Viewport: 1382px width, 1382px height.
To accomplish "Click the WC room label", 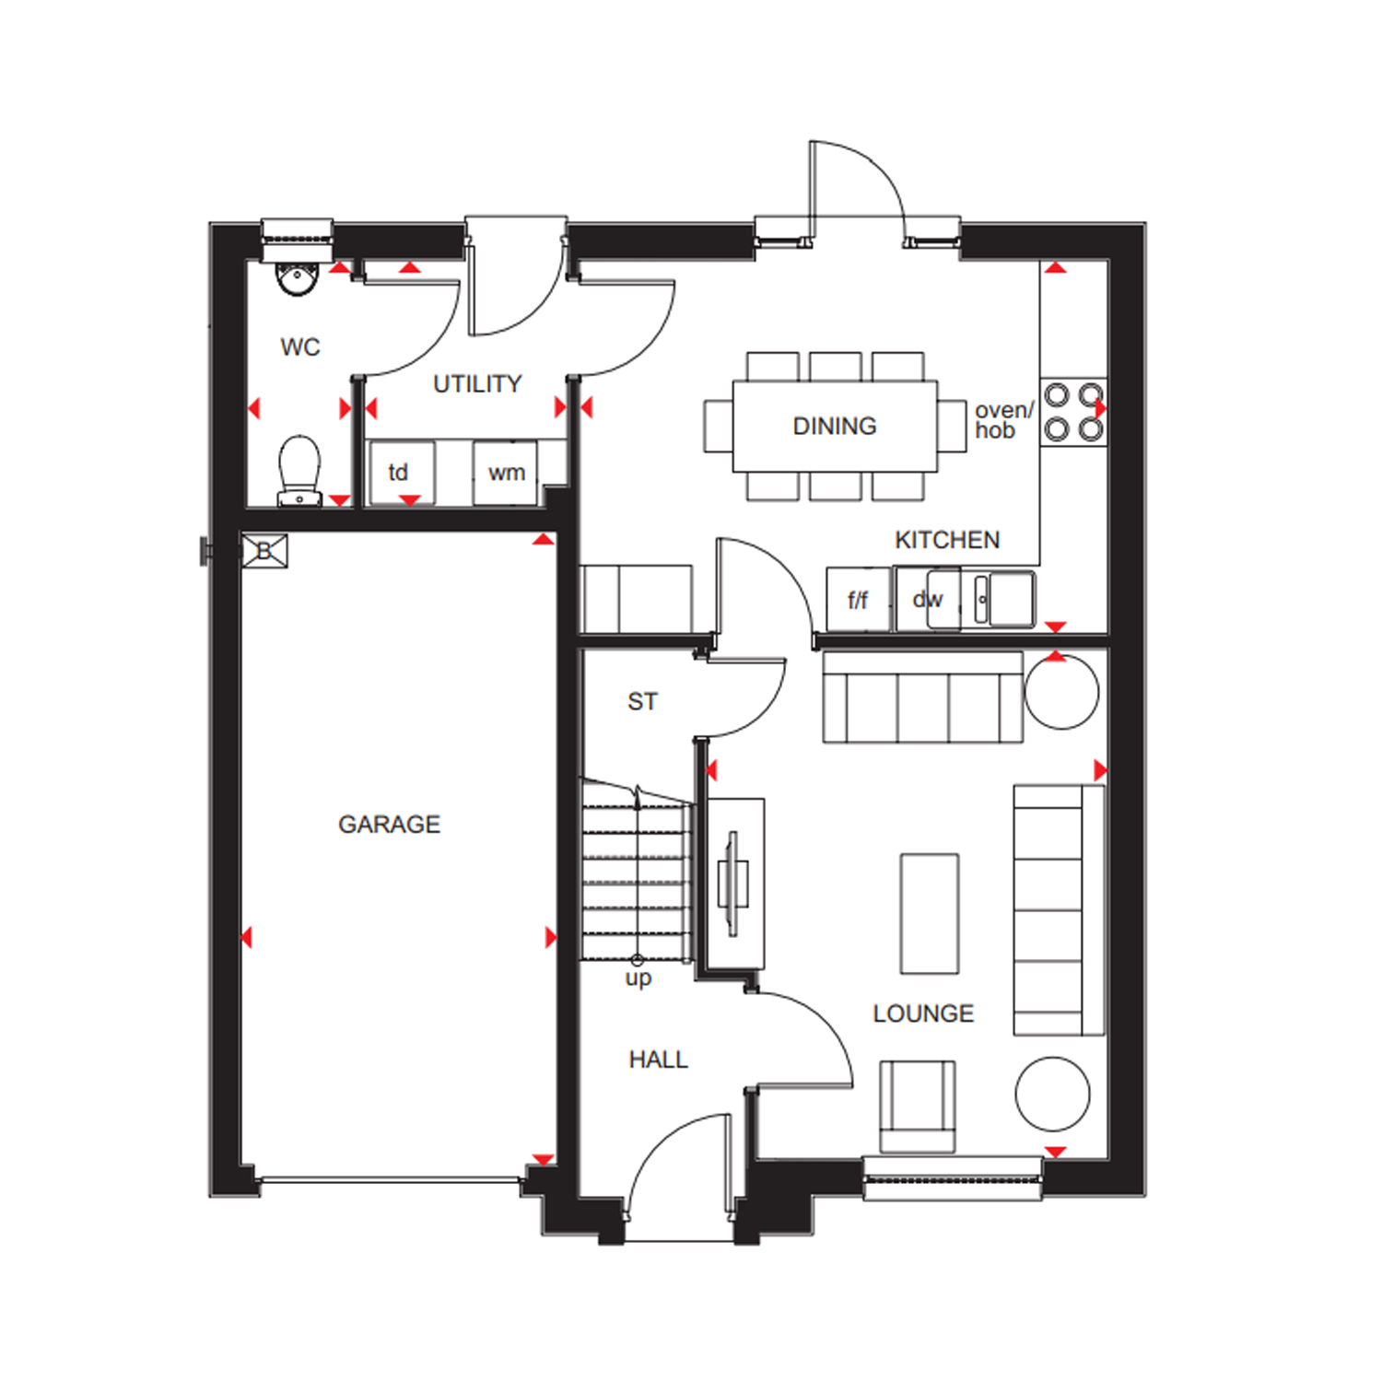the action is coord(300,347).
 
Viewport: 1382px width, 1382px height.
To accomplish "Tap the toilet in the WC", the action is coord(299,471).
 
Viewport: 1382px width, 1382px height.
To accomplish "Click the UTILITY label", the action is coord(477,383).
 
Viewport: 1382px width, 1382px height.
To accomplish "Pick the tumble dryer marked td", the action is coord(401,473).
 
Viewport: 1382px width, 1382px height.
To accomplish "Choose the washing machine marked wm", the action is coord(505,473).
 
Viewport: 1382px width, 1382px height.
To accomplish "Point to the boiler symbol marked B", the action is coord(265,551).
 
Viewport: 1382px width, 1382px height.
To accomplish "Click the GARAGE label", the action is coord(389,824).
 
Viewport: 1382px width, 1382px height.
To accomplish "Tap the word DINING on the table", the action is coord(835,426).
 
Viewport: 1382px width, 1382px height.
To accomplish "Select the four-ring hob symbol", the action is coord(1073,412).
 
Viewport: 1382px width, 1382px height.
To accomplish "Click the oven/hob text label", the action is coord(1004,420).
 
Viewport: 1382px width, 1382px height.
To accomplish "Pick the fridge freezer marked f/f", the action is coord(859,599).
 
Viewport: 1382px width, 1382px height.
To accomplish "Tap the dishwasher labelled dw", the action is coord(928,599).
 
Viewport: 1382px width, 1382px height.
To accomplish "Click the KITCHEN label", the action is coord(947,539).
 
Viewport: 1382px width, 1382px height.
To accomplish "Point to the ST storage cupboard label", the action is coord(642,701).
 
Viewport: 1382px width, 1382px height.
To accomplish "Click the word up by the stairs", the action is coord(638,978).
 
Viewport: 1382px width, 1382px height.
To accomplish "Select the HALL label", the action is coord(658,1060).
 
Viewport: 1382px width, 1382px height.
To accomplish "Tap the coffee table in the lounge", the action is coord(930,914).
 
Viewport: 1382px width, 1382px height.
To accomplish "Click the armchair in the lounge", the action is coord(917,1106).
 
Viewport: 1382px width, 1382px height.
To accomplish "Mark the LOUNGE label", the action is coord(923,1013).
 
